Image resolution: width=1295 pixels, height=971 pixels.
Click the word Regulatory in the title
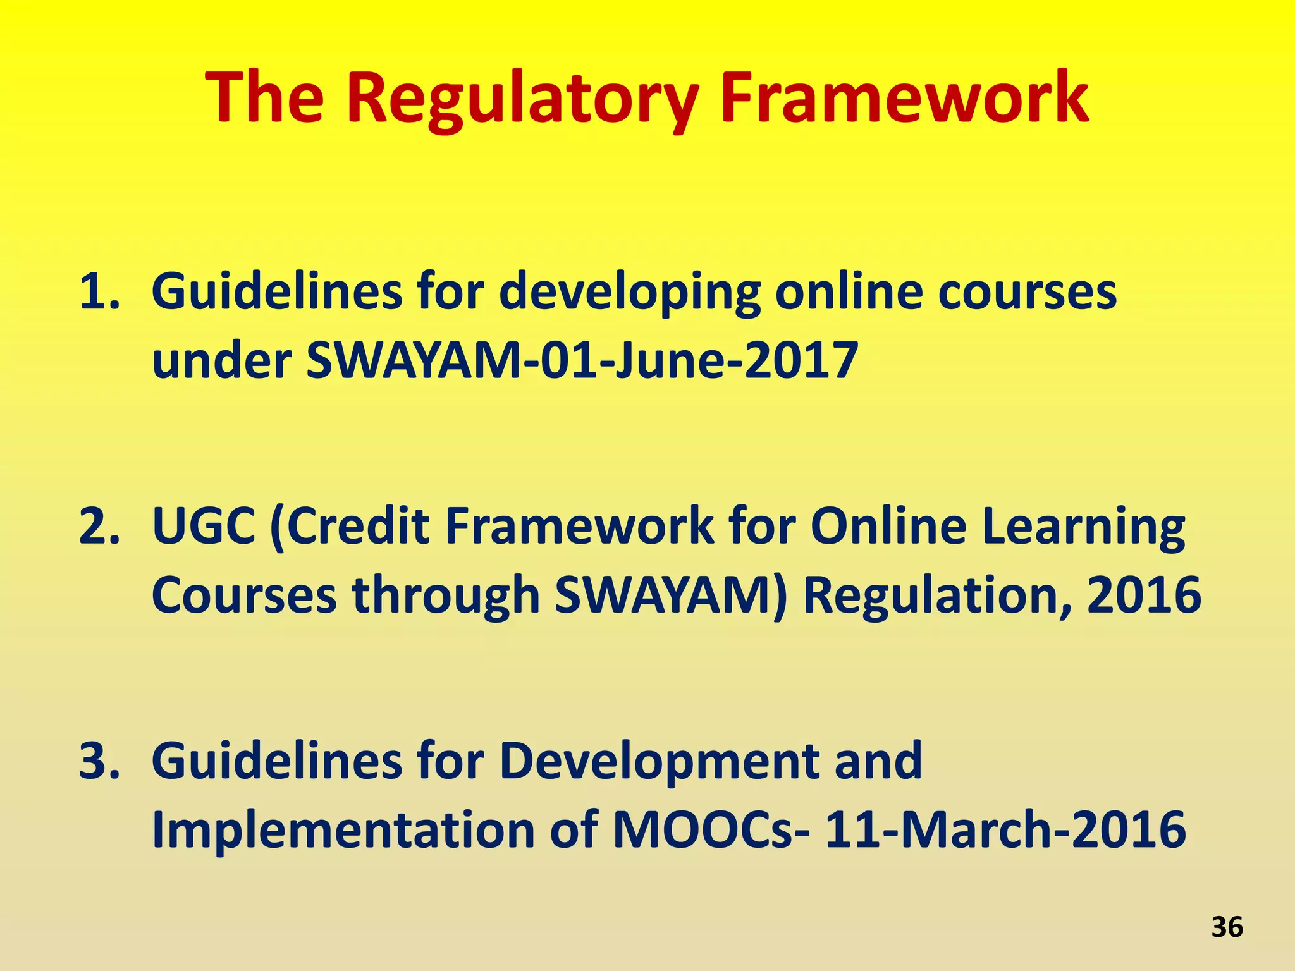coord(522,99)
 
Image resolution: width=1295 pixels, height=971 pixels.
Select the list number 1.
coord(99,292)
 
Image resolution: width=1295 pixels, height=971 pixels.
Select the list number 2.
coord(99,526)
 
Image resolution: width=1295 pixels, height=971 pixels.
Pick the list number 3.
coord(99,760)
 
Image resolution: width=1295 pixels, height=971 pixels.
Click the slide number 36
coord(1227,927)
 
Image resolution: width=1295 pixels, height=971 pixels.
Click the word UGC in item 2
coord(204,526)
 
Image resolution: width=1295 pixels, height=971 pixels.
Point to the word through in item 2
coord(445,595)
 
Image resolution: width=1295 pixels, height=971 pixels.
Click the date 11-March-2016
coord(1005,829)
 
